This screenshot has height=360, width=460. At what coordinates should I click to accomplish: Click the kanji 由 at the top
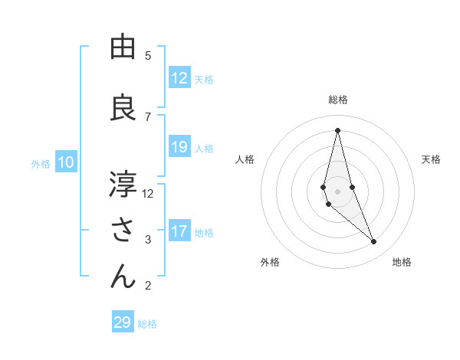pyautogui.click(x=123, y=47)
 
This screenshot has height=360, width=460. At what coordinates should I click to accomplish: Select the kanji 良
pyautogui.click(x=123, y=107)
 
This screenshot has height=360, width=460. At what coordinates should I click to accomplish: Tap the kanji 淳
pyautogui.click(x=123, y=185)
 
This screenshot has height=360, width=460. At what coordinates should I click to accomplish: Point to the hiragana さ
pyautogui.click(x=123, y=231)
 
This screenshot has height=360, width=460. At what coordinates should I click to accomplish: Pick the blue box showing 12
pyautogui.click(x=179, y=78)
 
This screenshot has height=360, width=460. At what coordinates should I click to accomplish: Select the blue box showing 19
pyautogui.click(x=179, y=147)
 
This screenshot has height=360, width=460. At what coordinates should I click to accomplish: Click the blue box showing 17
pyautogui.click(x=179, y=231)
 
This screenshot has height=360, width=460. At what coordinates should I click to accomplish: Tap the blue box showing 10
pyautogui.click(x=66, y=162)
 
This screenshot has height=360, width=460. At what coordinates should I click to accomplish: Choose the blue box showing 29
pyautogui.click(x=123, y=322)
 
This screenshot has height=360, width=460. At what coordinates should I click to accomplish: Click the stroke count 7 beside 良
pyautogui.click(x=148, y=116)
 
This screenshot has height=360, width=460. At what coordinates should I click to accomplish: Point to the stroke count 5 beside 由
pyautogui.click(x=148, y=55)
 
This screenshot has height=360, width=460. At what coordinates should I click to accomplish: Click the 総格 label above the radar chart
pyautogui.click(x=338, y=100)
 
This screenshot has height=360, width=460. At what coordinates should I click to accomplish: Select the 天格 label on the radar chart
pyautogui.click(x=431, y=159)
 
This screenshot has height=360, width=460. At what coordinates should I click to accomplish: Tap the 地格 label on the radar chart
pyautogui.click(x=402, y=262)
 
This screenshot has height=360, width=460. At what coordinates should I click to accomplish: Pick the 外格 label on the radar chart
pyautogui.click(x=269, y=262)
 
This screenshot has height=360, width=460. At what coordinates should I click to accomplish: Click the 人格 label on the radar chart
pyautogui.click(x=245, y=159)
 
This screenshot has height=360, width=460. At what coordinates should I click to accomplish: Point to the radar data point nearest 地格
pyautogui.click(x=374, y=242)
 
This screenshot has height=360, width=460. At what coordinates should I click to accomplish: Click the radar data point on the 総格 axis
pyautogui.click(x=337, y=129)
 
